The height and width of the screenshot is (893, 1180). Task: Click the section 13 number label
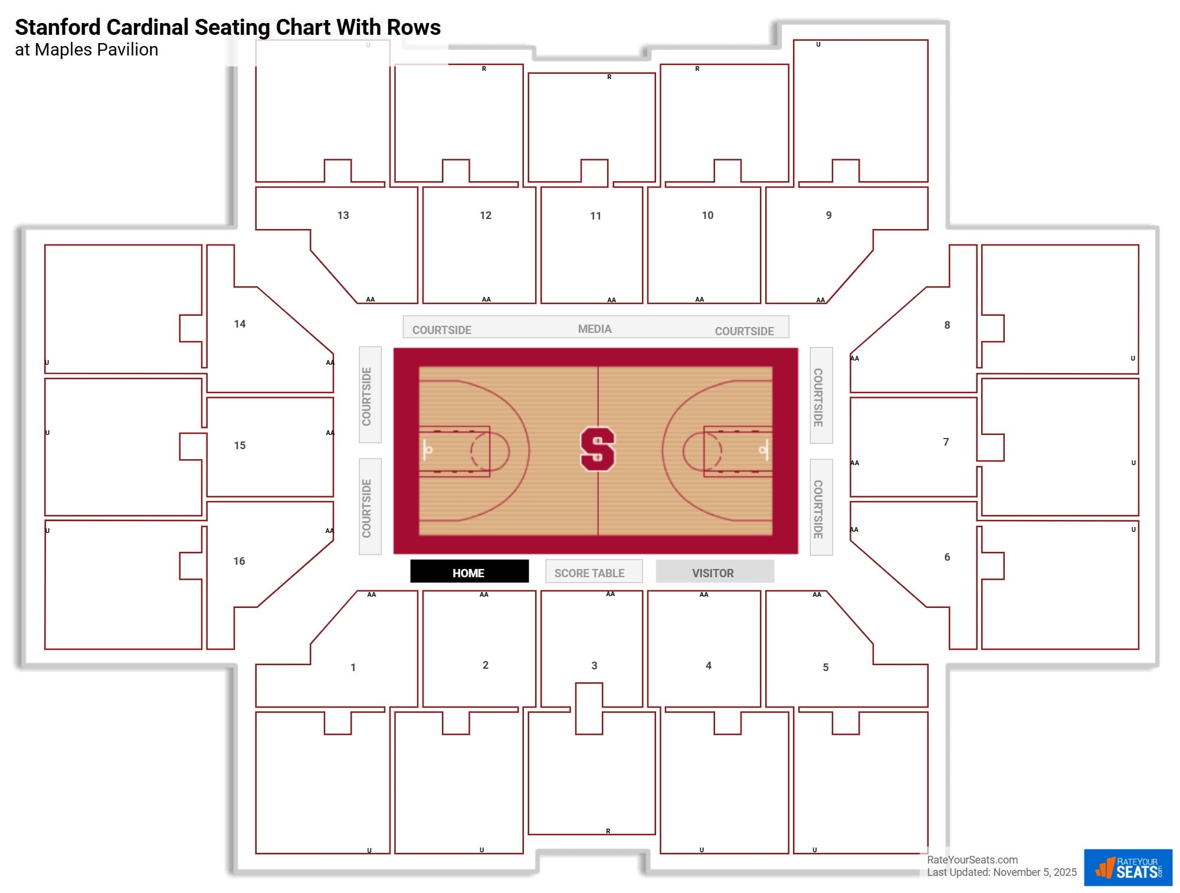click(343, 215)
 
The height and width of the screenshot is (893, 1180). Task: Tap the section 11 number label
click(595, 216)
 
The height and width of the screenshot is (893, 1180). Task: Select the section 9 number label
click(828, 215)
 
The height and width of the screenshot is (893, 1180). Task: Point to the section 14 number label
click(240, 324)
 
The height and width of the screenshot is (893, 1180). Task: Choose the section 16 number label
click(239, 561)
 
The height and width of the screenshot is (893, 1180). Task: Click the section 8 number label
click(947, 325)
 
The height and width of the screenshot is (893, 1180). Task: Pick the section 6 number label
click(947, 557)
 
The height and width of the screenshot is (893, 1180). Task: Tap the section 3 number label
click(594, 666)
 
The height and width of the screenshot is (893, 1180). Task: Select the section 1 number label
click(353, 668)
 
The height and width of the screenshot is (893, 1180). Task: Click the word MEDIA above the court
click(595, 329)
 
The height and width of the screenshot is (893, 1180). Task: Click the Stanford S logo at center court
click(597, 449)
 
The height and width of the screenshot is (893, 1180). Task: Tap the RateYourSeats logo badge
click(1127, 868)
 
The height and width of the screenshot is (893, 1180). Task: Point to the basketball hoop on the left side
click(428, 450)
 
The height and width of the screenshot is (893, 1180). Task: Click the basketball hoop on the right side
click(763, 450)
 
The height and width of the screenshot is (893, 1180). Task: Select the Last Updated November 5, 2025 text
click(1001, 872)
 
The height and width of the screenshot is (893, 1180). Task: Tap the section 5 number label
click(825, 668)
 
